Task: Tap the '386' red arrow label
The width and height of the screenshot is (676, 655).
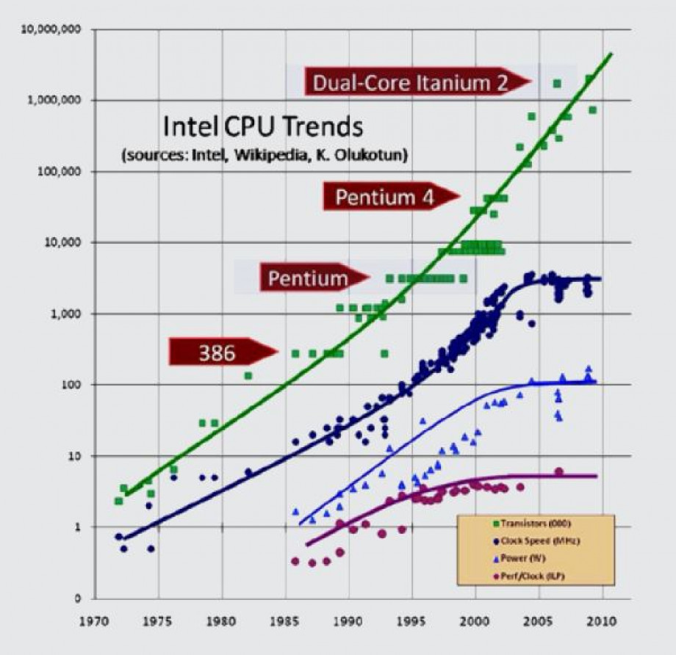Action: pos(219,353)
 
